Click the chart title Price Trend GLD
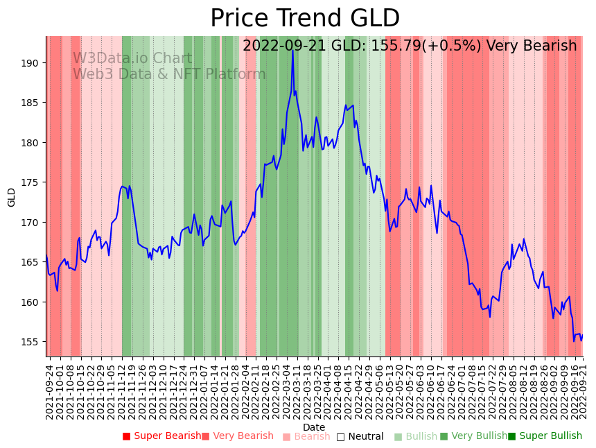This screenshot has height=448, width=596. [x=305, y=19]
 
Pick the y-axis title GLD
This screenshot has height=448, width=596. [x=12, y=197]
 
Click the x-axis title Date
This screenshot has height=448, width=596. [x=314, y=427]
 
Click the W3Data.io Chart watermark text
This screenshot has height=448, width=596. [x=132, y=59]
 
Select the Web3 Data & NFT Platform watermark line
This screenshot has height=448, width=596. [x=169, y=75]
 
